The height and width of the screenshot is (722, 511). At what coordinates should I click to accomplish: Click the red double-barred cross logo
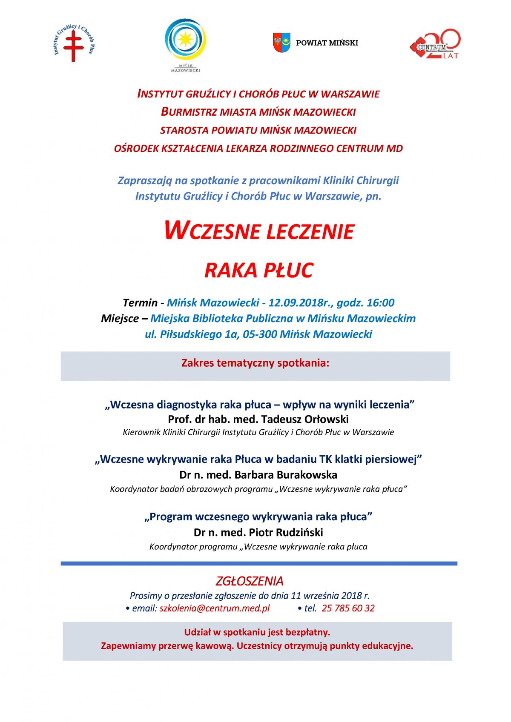click(x=73, y=46)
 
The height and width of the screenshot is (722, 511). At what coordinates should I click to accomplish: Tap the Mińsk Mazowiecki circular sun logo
click(x=186, y=41)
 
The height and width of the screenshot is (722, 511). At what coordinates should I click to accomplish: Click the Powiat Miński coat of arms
click(x=281, y=43)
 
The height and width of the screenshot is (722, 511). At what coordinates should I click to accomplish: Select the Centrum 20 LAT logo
click(x=435, y=44)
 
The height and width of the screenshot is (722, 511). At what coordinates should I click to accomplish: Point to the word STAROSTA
click(x=184, y=130)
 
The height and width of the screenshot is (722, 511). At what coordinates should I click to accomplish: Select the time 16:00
click(x=380, y=302)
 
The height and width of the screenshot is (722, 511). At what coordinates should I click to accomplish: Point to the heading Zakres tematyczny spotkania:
click(x=255, y=363)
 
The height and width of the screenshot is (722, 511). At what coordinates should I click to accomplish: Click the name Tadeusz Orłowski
click(x=304, y=419)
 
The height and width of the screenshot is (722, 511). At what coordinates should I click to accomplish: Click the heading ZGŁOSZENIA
click(x=250, y=581)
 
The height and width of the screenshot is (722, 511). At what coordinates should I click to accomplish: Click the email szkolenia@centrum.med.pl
click(x=215, y=608)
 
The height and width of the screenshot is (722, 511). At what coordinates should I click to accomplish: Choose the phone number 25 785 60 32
click(x=348, y=608)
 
